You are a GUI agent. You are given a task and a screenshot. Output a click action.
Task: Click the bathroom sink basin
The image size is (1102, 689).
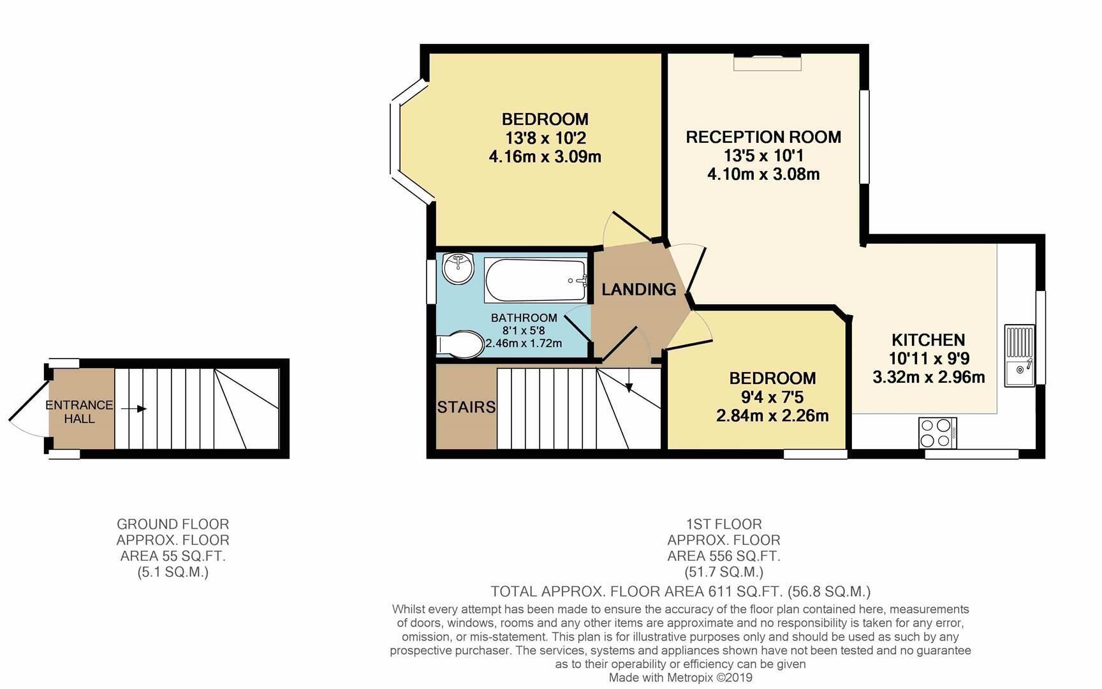click(457, 268)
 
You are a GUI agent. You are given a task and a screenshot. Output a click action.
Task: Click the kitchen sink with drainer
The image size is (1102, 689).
click(1020, 355)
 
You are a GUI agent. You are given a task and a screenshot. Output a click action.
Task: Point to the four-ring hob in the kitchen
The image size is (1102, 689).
click(937, 433)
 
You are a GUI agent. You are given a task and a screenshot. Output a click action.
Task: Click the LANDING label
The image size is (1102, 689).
click(639, 290)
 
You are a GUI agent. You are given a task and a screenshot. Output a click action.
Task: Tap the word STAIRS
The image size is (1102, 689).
click(466, 407)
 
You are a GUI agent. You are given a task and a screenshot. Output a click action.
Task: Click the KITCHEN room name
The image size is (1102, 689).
click(928, 340)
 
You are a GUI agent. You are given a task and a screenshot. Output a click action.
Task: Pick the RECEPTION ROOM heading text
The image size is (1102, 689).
click(763, 137)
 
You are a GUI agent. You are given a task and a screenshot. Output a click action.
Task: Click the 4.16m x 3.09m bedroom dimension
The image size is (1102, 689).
click(545, 157)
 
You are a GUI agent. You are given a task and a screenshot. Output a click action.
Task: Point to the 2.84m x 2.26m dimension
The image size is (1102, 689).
click(772, 417)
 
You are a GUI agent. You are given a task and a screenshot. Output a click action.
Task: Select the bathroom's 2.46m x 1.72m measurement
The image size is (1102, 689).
click(524, 343)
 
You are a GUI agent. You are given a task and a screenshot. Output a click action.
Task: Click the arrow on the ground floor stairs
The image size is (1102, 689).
click(133, 409)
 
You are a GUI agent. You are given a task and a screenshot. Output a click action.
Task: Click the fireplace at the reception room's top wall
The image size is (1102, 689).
click(767, 62)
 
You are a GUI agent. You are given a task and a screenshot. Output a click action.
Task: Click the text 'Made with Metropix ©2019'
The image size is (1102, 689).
click(680, 678)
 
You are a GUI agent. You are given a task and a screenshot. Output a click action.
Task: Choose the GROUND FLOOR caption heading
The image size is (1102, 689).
click(173, 524)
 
